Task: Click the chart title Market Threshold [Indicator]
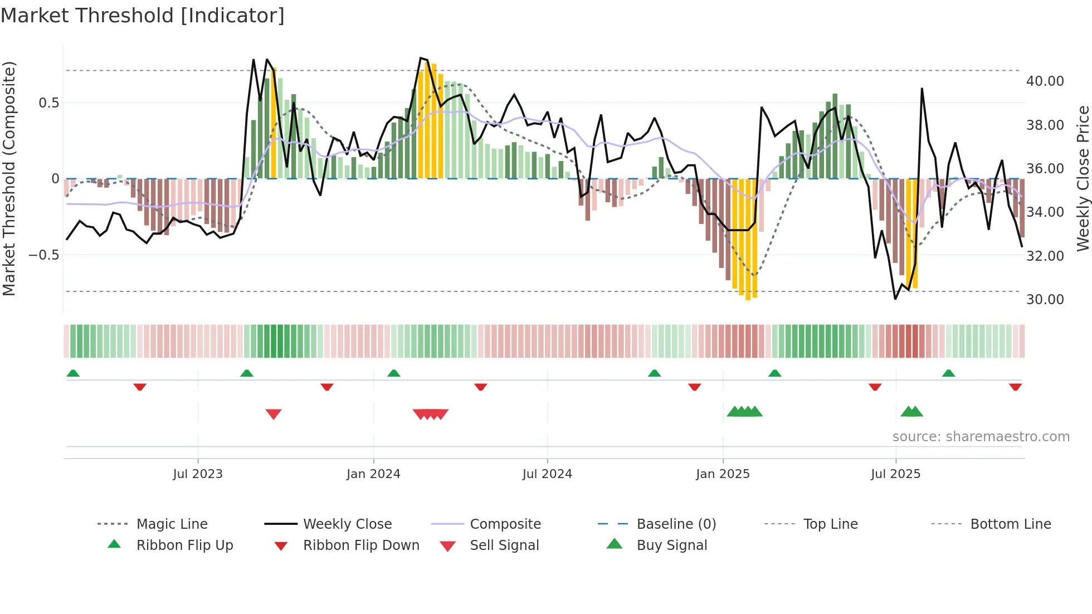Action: click(143, 16)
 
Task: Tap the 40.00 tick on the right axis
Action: click(1045, 81)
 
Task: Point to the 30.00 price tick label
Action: click(1045, 300)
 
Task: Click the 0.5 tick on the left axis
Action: click(48, 103)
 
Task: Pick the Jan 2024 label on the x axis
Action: click(373, 474)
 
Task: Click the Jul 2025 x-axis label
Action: click(895, 474)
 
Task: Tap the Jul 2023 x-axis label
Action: click(197, 474)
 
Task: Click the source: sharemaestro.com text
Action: click(981, 437)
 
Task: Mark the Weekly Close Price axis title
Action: click(1083, 178)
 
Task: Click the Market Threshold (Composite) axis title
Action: click(9, 178)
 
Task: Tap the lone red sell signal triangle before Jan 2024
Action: click(274, 414)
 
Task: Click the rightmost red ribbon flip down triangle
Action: click(1015, 387)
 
